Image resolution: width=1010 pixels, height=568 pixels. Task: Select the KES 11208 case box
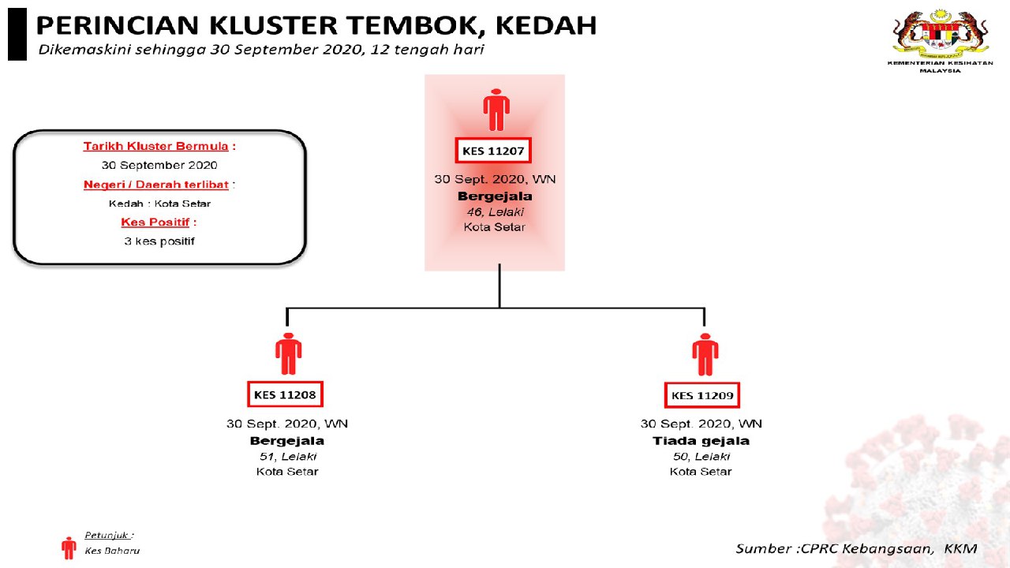[x=286, y=394]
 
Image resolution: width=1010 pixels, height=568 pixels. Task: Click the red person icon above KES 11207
[x=496, y=110]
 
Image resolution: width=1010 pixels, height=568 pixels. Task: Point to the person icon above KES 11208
[x=287, y=354]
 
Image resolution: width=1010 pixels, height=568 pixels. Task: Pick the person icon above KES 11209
[x=704, y=354]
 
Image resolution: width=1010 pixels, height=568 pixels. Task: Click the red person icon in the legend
[x=69, y=547]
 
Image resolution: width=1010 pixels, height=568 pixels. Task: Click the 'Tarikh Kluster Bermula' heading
[x=156, y=146]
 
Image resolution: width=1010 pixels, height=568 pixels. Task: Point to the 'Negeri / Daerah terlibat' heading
[x=156, y=185]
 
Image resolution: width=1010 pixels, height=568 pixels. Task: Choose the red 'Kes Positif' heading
[x=155, y=222]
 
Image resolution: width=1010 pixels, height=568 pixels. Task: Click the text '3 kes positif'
[x=159, y=241]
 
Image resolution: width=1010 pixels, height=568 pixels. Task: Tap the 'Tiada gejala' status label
[x=701, y=441]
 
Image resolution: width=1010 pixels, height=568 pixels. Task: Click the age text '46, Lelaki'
[x=494, y=212]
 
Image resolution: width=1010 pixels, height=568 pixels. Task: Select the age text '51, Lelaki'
[x=287, y=457]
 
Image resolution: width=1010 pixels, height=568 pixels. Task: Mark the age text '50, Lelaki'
[x=701, y=457]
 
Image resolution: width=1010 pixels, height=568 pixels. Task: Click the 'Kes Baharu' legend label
[x=112, y=551]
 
